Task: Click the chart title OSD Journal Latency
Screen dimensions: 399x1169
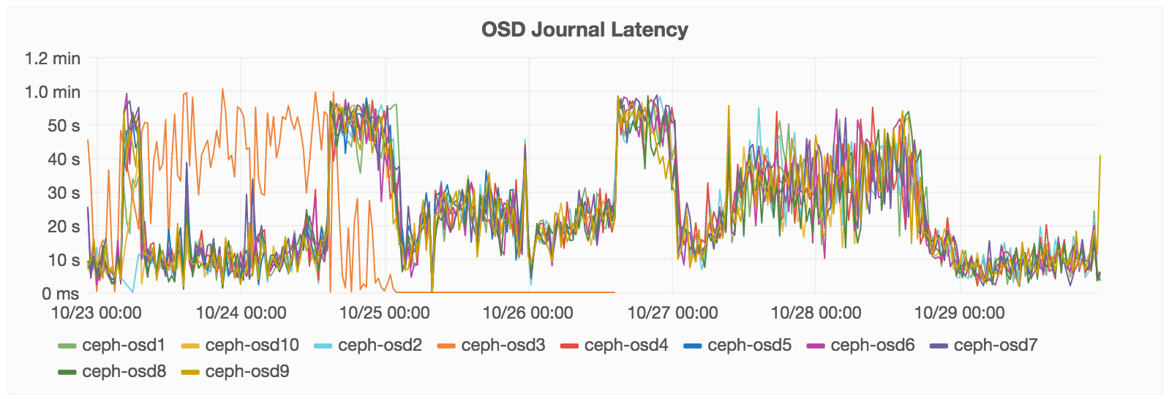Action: click(584, 30)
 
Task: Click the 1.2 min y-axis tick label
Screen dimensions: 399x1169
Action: click(53, 58)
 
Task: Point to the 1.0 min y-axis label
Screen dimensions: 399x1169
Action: click(53, 92)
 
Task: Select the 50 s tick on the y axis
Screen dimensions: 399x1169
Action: click(64, 126)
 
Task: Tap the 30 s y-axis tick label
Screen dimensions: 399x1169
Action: click(64, 193)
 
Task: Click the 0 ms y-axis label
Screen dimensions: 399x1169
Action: click(61, 294)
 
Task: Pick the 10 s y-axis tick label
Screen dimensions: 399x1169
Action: click(64, 260)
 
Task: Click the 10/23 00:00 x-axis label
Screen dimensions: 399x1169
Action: click(97, 313)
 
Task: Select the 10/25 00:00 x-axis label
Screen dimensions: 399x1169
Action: click(384, 313)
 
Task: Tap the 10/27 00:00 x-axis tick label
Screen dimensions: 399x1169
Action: click(672, 313)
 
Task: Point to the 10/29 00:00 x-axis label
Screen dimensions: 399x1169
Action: click(959, 313)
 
